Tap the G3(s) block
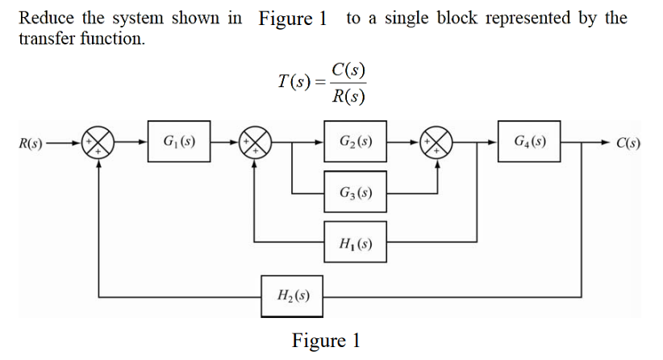tap(356, 193)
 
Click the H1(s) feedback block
tap(356, 241)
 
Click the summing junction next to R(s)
tap(98, 145)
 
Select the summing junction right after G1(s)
tap(255, 145)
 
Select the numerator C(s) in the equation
tap(348, 69)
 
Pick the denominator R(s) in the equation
tap(348, 97)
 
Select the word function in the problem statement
tap(111, 39)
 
